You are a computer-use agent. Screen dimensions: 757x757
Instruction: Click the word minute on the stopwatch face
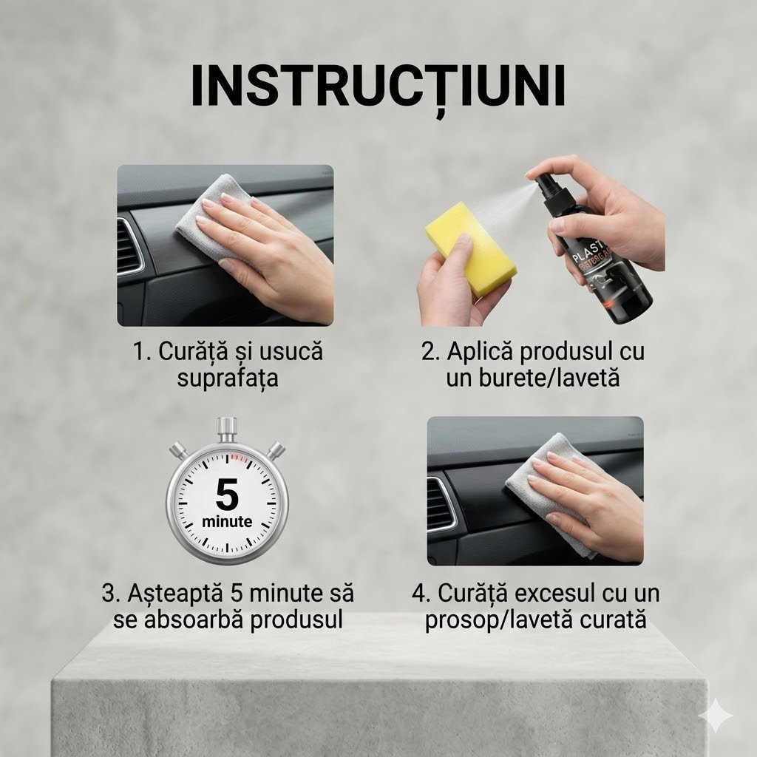tap(227, 521)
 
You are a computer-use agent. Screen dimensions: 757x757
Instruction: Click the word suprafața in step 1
tap(228, 378)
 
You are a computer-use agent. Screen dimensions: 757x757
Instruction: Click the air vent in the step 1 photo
tap(130, 244)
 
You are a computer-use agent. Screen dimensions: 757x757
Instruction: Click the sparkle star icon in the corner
tap(716, 716)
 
